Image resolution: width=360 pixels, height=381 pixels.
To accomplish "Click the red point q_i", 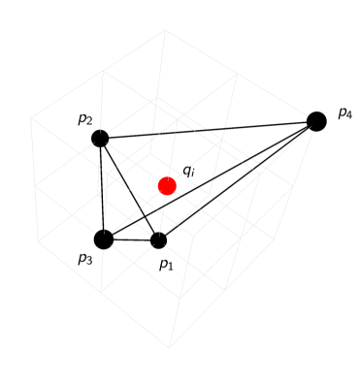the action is coord(167,185).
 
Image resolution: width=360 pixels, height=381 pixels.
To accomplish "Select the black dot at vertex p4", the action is coord(316,121).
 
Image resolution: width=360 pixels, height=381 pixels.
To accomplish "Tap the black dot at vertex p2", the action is coord(100,139).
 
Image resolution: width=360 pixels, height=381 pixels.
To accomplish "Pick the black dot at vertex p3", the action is coord(104,238).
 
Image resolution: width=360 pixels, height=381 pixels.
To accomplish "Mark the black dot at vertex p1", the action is coord(159,240).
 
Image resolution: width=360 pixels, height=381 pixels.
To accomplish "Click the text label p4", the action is coord(344,113).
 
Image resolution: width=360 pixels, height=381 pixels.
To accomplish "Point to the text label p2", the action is coord(85,120).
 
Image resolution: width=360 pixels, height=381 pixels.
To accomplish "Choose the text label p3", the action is coord(84,259).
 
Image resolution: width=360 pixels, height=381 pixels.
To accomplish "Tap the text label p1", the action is coord(166,264).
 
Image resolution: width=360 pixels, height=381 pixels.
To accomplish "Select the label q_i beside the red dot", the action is coord(189,172).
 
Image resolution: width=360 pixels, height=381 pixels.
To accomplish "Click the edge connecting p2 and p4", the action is coord(209,130).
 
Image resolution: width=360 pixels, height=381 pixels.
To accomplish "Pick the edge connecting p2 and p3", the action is coord(102,189).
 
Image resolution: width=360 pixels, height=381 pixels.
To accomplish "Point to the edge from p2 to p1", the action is coord(130,190).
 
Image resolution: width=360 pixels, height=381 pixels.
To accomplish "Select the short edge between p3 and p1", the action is coord(132,239).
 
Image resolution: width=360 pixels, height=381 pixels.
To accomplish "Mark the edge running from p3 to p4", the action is coord(211,179).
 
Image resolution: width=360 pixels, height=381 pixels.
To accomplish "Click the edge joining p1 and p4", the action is coord(238,180).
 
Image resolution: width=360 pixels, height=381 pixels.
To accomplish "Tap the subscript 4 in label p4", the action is coord(349,116).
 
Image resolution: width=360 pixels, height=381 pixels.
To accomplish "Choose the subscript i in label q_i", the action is coord(193,175).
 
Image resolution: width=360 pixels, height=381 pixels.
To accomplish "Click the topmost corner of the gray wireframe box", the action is coord(164,29).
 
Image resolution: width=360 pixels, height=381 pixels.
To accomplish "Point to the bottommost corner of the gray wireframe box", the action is coord(170,348).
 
